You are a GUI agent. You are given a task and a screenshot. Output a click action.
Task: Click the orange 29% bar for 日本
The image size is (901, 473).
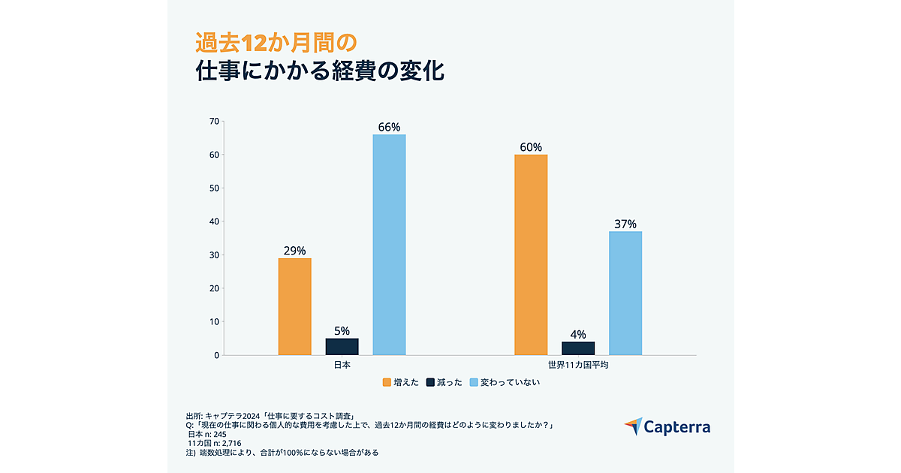pos(294,306)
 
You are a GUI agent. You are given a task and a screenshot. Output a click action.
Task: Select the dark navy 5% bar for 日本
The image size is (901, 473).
pos(342,347)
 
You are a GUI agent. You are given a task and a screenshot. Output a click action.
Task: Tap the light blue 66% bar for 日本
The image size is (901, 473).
pos(389,245)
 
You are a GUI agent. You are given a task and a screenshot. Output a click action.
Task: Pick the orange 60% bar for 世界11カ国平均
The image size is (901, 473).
pos(531,255)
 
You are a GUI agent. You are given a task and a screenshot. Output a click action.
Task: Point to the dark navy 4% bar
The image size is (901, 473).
pos(578,348)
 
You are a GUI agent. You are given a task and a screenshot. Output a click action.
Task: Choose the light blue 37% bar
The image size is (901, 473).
pos(625,293)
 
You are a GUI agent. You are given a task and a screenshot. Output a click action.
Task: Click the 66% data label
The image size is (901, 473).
pos(389,128)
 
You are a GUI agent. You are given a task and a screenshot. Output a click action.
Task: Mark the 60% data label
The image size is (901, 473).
pos(531,147)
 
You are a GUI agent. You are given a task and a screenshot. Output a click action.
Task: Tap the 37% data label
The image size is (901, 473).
pos(625,224)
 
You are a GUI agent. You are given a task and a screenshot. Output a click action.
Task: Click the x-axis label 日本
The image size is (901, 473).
pos(342,365)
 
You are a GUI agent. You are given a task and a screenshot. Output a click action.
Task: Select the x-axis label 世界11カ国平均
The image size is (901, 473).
pos(578,365)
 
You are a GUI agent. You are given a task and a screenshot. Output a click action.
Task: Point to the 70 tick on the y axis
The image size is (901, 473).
pos(214,122)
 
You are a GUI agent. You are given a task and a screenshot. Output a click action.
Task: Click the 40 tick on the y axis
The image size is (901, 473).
pos(214,221)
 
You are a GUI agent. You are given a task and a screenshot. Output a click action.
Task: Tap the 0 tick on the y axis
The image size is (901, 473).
pos(216,355)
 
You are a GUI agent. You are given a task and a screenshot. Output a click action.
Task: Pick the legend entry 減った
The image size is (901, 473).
pos(444,382)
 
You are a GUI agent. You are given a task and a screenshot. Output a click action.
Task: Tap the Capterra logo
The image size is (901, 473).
pos(667,427)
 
